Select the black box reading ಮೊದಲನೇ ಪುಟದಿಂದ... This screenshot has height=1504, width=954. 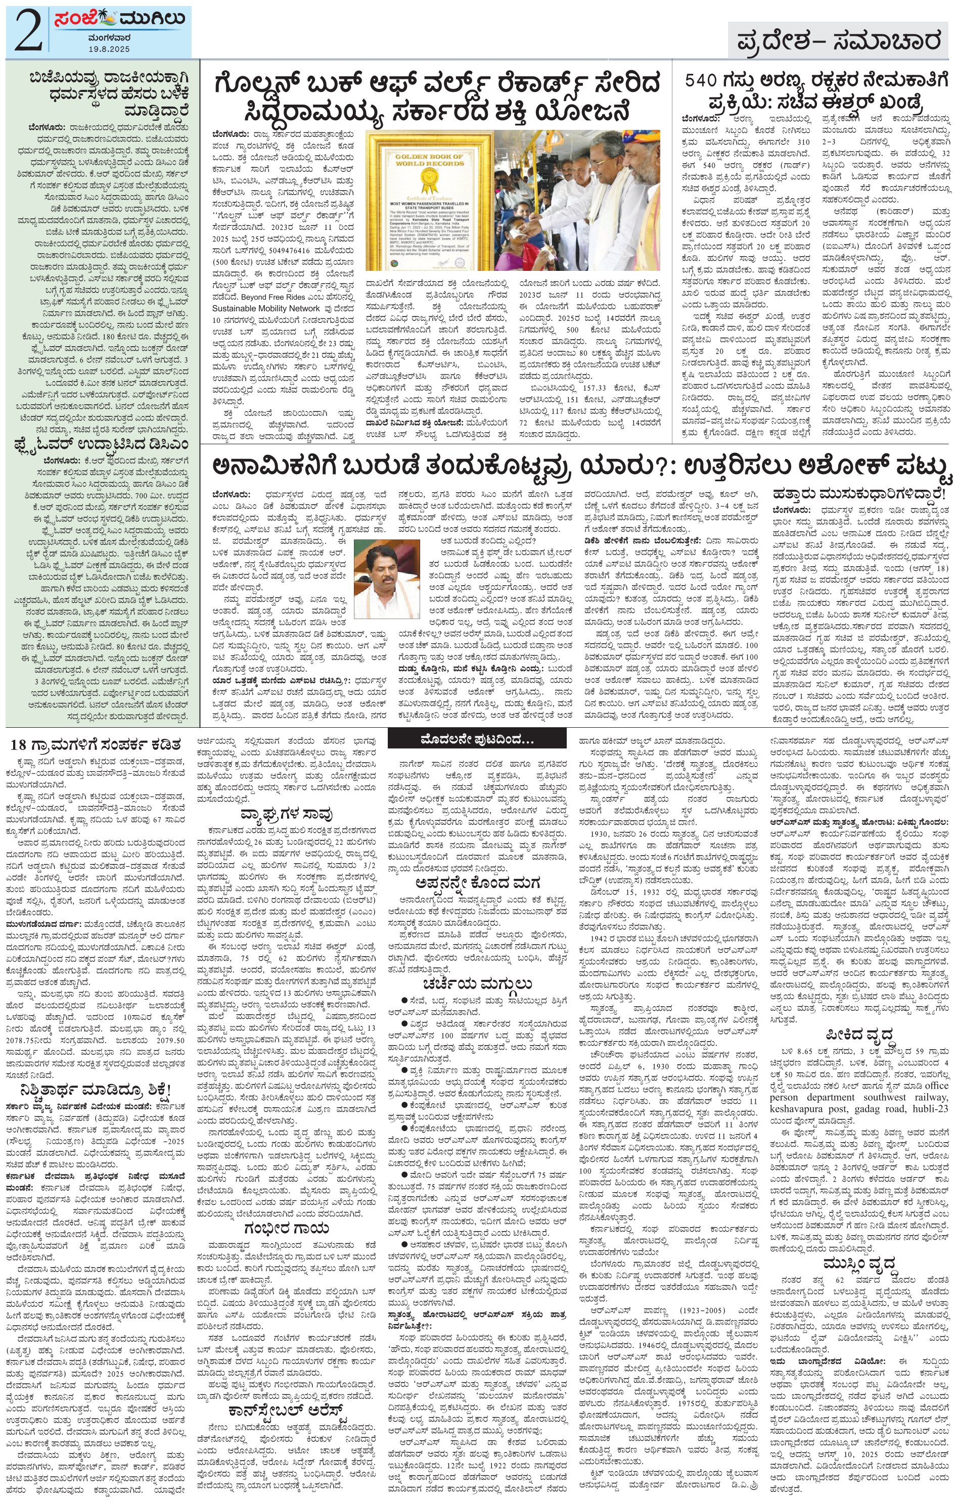coord(477,741)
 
